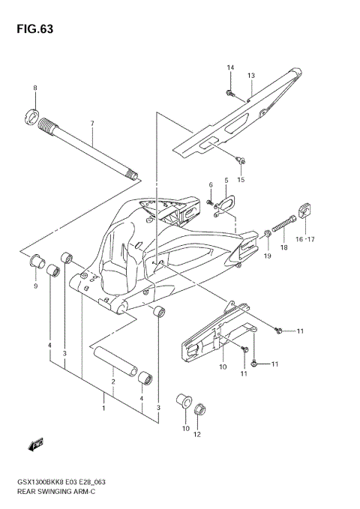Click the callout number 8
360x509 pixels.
click(34, 89)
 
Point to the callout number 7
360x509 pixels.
click(92, 123)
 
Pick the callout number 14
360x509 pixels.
click(230, 68)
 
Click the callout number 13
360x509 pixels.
click(251, 76)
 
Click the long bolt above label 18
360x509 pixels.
click(287, 223)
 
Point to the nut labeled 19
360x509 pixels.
click(267, 238)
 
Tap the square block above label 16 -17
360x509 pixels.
click(306, 210)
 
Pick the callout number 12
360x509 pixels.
click(198, 435)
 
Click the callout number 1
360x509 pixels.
click(103, 408)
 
